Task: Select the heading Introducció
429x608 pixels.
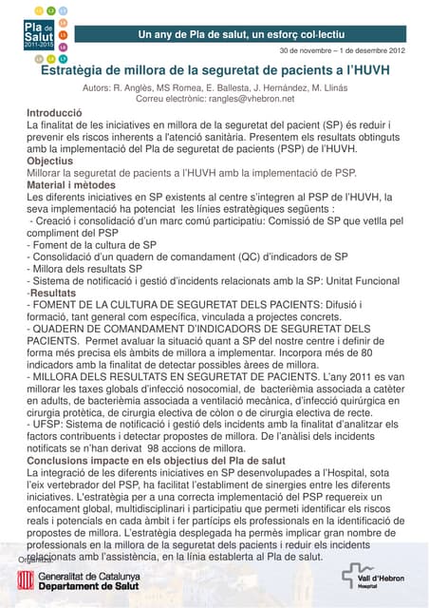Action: [x=54, y=113]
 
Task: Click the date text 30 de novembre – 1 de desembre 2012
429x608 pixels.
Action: [x=341, y=49]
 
